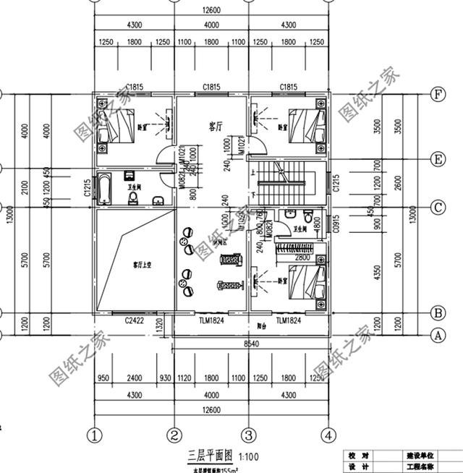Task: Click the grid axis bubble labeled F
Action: pyautogui.click(x=437, y=95)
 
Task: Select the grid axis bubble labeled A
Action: pyautogui.click(x=437, y=335)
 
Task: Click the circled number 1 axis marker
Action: pyautogui.click(x=93, y=435)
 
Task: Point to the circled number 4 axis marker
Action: pyautogui.click(x=328, y=435)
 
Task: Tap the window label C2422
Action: pyautogui.click(x=135, y=320)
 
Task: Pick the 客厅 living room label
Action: pyautogui.click(x=215, y=125)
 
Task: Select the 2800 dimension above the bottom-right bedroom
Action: pyautogui.click(x=302, y=257)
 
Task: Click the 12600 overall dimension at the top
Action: pyautogui.click(x=211, y=9)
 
